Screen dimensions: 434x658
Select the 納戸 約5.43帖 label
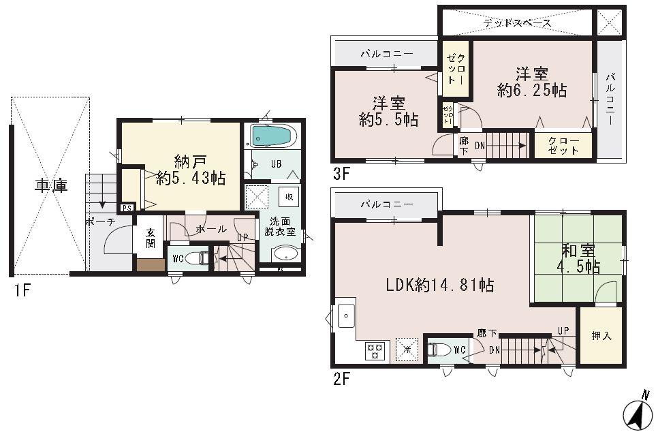181,170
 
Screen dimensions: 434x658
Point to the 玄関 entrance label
151,238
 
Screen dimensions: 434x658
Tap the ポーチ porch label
99,221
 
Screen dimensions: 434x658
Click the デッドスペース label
517,23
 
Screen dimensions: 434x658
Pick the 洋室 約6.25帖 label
532,82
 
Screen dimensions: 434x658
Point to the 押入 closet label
600,336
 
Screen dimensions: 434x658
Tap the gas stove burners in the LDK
375,351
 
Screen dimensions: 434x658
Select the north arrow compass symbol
638,411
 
